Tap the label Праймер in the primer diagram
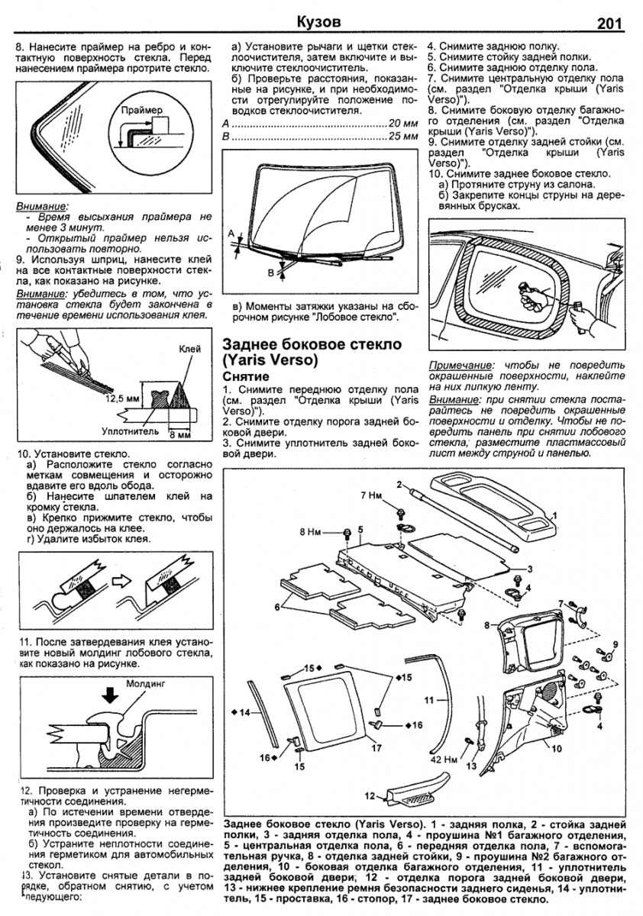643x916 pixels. point(143,110)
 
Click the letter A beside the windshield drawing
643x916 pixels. point(228,233)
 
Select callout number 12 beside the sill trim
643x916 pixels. point(370,795)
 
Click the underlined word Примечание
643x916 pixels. point(460,365)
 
